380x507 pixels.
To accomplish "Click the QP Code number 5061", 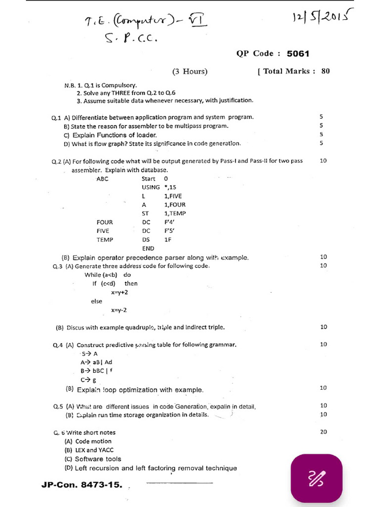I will [x=298, y=53].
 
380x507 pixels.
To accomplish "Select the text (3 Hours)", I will [x=190, y=71].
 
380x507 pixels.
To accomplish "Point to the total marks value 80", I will [x=325, y=71].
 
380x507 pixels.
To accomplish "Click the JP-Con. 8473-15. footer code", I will [x=82, y=485].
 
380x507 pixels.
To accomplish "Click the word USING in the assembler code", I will [x=150, y=187].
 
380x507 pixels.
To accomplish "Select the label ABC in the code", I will [x=102, y=179].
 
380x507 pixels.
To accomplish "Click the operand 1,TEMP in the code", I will [x=175, y=213].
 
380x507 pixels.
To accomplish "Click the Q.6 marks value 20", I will [x=324, y=432].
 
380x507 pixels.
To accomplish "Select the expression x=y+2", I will [x=119, y=293].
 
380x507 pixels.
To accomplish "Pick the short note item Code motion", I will [x=94, y=441].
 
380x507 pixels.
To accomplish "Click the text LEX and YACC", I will [x=95, y=450].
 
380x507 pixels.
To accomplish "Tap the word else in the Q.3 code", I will [x=96, y=301].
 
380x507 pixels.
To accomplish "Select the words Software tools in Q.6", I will [x=98, y=459].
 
